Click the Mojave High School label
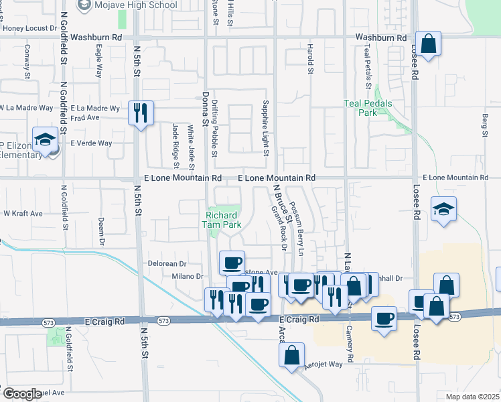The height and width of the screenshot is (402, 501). (x=136, y=5)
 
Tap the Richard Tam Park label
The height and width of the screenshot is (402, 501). (x=223, y=220)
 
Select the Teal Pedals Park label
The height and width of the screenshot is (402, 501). (x=370, y=108)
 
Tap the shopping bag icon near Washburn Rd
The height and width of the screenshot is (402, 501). (x=428, y=44)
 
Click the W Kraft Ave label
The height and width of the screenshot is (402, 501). (x=23, y=214)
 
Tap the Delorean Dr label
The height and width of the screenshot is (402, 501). (x=167, y=264)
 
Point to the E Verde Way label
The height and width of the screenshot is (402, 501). (x=91, y=143)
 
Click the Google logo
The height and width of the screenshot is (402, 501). (x=22, y=394)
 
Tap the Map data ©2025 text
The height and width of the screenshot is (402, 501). (x=472, y=397)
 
